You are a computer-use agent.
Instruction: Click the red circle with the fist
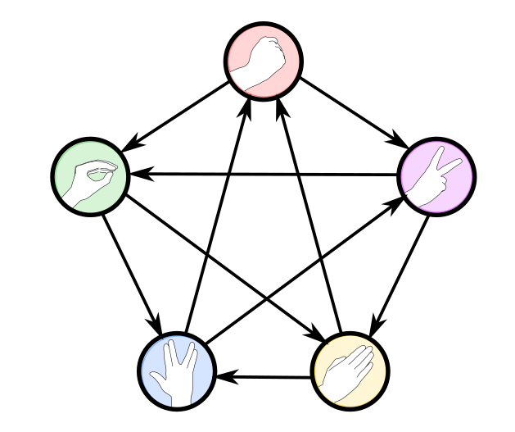264,60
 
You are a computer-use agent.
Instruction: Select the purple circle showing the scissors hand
436,175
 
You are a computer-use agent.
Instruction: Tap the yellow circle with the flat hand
350,371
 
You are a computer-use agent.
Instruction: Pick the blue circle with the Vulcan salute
176,371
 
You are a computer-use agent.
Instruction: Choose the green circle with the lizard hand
90,176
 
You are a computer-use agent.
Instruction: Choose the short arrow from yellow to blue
264,377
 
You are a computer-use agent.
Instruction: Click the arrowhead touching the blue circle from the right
225,377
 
